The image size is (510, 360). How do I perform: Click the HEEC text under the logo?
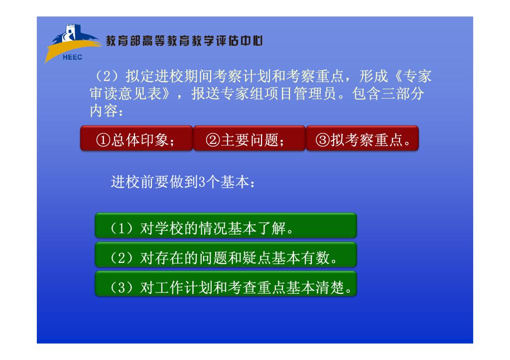click(72, 57)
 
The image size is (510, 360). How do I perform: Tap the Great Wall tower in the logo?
click(71, 33)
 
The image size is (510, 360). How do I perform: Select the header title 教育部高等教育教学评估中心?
click(184, 41)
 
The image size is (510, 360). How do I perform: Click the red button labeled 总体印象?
click(136, 138)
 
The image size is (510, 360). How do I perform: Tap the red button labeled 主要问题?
click(250, 138)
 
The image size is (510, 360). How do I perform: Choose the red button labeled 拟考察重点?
click(363, 138)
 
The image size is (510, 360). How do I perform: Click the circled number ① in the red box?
click(103, 140)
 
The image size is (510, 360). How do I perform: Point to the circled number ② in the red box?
click(213, 140)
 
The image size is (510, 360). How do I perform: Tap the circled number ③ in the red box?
click(323, 140)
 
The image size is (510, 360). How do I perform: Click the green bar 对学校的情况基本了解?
click(226, 226)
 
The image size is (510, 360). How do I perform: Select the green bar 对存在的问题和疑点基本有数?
click(226, 254)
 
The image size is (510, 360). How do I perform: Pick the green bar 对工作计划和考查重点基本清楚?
click(226, 284)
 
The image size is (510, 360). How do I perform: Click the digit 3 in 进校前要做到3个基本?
click(202, 182)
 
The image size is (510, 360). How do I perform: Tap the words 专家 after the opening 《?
click(417, 76)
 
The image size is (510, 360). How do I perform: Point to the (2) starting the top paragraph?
click(108, 76)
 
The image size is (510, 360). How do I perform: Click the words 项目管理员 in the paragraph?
click(301, 94)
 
